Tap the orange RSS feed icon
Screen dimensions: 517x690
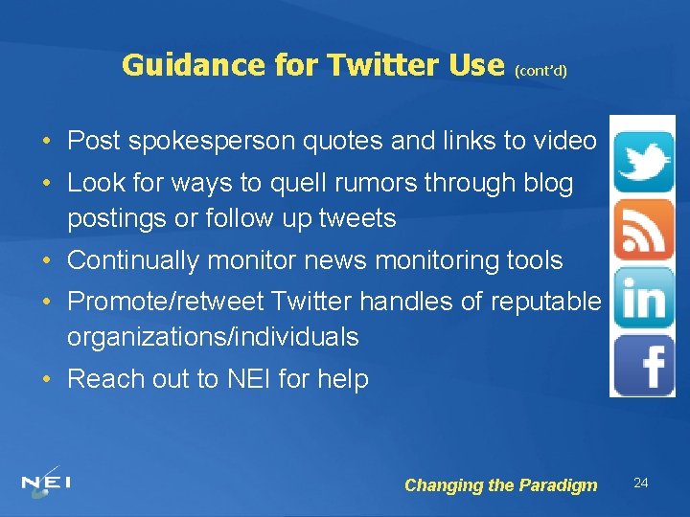(643, 229)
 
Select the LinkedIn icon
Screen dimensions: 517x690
(643, 298)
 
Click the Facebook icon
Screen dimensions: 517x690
(644, 365)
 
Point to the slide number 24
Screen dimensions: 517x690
(641, 483)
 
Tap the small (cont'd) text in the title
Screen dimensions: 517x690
(540, 70)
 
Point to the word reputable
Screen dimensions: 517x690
(545, 302)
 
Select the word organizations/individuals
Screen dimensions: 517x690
(213, 337)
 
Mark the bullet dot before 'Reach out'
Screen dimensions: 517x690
(47, 379)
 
